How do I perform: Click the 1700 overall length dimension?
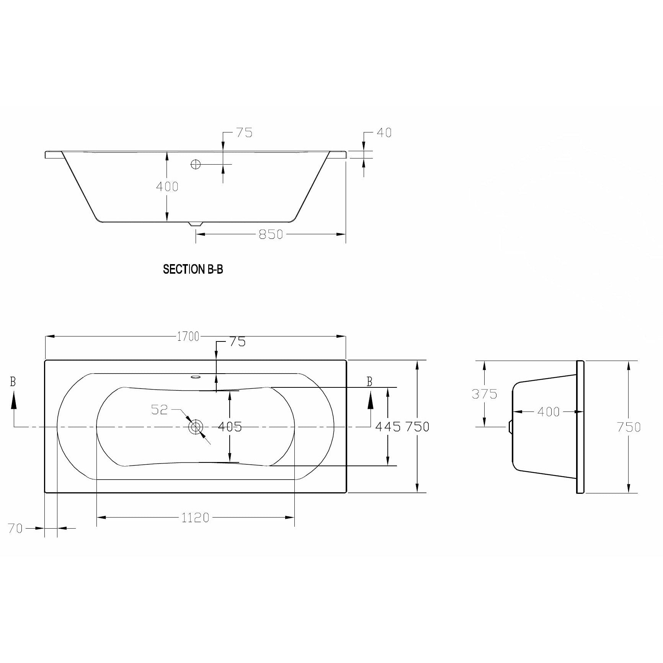(188, 336)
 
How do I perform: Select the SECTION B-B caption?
(193, 269)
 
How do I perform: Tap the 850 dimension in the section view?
(271, 234)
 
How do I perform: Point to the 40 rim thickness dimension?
(384, 133)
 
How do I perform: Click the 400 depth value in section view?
(167, 186)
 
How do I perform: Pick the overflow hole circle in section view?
(196, 164)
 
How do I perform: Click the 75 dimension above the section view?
(244, 133)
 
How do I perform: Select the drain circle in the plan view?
(196, 426)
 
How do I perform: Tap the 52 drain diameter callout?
(160, 410)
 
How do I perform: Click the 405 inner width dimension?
(230, 426)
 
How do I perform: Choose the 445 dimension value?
(388, 426)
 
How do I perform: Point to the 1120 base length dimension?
(195, 518)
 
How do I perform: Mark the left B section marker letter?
(13, 382)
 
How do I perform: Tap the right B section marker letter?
(369, 382)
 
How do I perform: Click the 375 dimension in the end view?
(484, 394)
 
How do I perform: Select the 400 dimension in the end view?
(548, 412)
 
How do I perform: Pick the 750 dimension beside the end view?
(629, 426)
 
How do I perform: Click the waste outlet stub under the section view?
(196, 224)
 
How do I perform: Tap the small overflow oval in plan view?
(196, 377)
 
